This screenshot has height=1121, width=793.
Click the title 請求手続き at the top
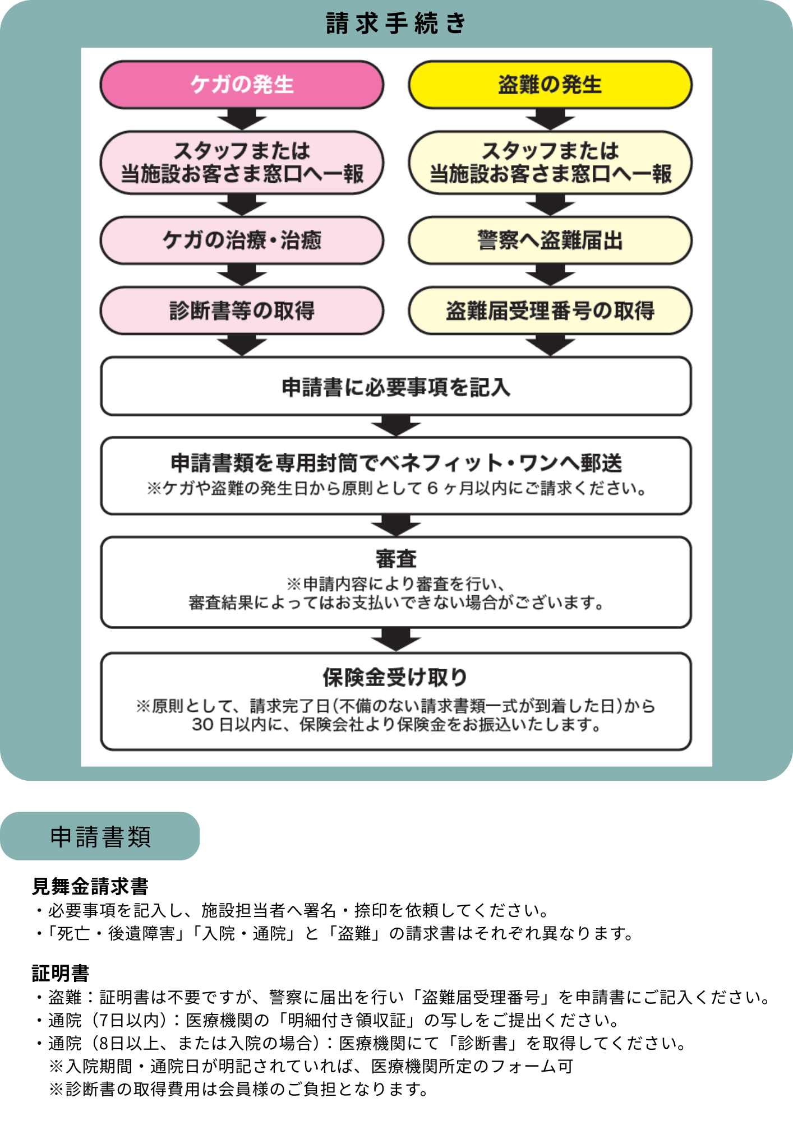396,24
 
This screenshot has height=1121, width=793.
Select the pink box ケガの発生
242,85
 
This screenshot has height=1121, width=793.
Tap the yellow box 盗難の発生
550,85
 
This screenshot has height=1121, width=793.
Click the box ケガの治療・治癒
242,240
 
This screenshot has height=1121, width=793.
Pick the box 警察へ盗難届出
550,240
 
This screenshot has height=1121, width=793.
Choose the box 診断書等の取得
242,311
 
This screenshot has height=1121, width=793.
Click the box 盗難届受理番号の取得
550,311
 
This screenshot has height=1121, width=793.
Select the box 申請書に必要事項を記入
396,387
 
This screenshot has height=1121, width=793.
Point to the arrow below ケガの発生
242,119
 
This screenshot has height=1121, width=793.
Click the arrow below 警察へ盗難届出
550,275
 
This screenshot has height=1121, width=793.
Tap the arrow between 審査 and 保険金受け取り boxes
396,640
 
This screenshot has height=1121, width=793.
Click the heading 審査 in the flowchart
396,559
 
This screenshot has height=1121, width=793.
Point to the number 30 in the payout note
202,725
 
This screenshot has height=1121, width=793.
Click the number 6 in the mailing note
432,488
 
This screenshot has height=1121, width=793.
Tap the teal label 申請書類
100,837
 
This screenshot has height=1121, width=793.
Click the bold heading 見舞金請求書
90,887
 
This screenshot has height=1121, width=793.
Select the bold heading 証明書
61,973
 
